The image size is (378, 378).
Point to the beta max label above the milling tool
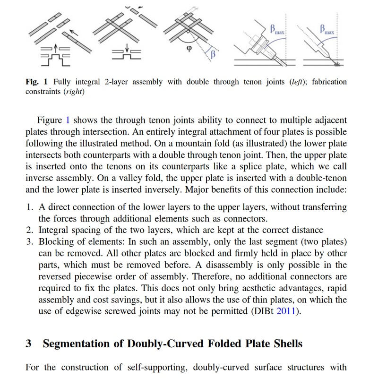[277, 30]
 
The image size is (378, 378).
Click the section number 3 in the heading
[29, 344]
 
